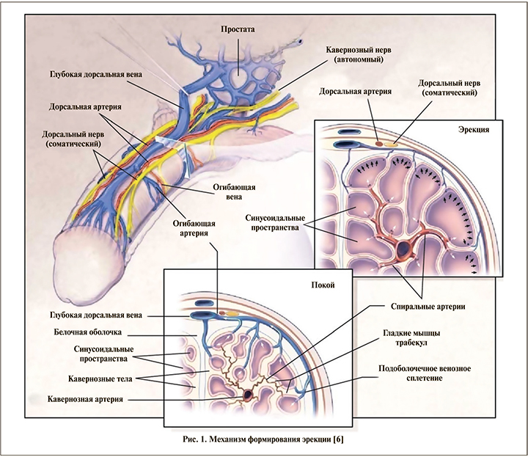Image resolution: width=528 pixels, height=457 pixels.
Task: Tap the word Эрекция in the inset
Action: pos(473,129)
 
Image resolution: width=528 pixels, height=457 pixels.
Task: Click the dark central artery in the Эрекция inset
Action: pos(404,253)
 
